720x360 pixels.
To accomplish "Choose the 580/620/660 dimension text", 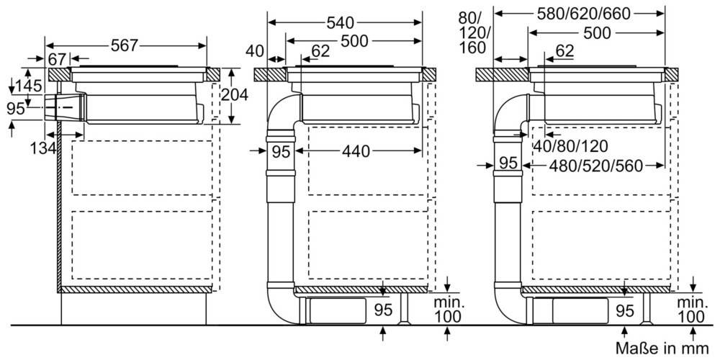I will [579, 12].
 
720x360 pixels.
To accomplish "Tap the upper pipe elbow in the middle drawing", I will [281, 113].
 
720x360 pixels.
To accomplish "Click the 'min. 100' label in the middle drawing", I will [448, 310].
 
